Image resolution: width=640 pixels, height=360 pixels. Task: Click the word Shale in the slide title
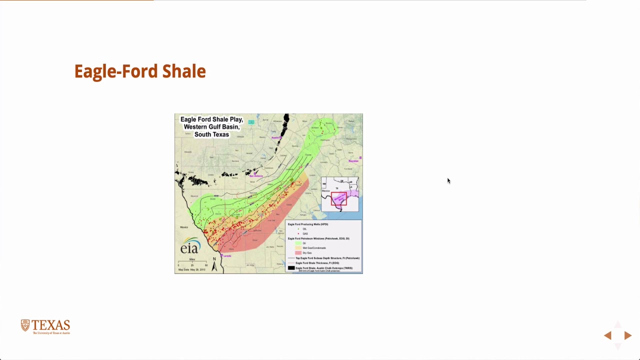(184, 71)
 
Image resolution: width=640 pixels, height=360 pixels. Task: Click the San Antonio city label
(256, 175)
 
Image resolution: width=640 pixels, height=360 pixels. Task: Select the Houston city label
(353, 161)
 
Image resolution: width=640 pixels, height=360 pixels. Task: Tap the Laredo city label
(226, 256)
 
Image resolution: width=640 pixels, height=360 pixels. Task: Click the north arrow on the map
(214, 265)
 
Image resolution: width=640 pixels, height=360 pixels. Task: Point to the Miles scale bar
(192, 262)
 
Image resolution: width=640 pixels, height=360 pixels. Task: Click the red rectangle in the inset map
(338, 198)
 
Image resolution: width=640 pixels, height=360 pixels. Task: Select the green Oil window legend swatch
(298, 243)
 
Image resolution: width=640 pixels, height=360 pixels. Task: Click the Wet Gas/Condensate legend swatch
(298, 248)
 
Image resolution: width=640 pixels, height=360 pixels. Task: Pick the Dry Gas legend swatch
(298, 253)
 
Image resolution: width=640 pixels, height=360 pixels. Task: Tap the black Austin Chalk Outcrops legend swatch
(291, 268)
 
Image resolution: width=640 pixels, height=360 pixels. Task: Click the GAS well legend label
(305, 233)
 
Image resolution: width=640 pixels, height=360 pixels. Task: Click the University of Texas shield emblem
(25, 325)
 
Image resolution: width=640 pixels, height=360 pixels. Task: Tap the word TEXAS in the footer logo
(51, 325)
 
